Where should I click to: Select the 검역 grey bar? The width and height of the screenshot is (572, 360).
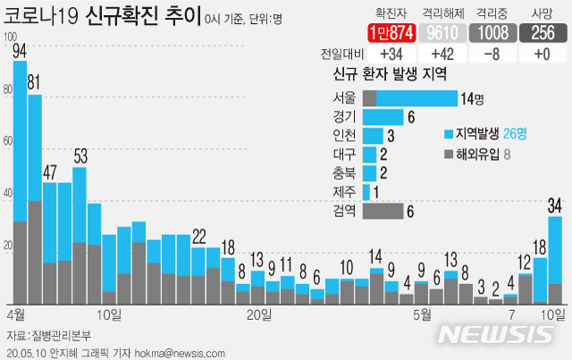pos(383,211)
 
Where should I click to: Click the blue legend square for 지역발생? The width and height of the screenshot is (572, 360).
pos(449,135)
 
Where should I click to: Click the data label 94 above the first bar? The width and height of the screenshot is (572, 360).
pos(20,50)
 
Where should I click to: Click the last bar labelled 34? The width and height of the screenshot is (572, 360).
pos(555,260)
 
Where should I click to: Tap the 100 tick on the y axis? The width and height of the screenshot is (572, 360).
pos(10,37)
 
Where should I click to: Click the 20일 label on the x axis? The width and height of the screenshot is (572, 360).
pos(258,314)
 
